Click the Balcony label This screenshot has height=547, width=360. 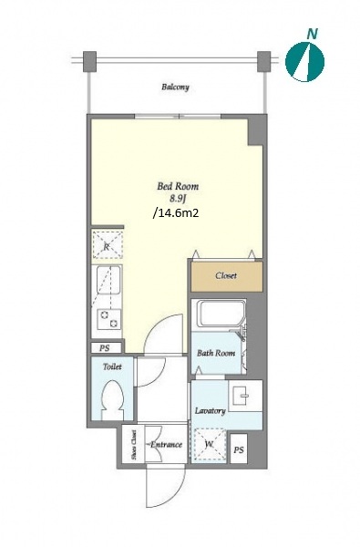175,87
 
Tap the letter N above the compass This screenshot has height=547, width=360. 313,34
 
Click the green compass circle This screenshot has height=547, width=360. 304,62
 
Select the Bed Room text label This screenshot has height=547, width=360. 178,186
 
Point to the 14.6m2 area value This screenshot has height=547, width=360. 176,212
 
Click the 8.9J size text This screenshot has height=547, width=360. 178,199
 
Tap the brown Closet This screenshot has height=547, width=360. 227,276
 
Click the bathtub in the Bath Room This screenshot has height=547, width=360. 220,313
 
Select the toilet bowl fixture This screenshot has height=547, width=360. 112,400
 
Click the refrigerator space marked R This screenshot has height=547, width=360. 108,244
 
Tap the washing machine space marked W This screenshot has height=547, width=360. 210,445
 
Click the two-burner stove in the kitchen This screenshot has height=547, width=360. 108,319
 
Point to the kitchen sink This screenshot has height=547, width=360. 108,280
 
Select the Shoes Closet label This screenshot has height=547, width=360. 134,444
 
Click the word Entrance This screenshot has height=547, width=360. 166,445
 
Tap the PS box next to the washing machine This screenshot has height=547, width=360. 239,449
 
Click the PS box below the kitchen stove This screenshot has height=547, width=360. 105,348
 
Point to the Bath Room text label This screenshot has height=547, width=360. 216,353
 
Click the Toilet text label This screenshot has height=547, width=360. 112,366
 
